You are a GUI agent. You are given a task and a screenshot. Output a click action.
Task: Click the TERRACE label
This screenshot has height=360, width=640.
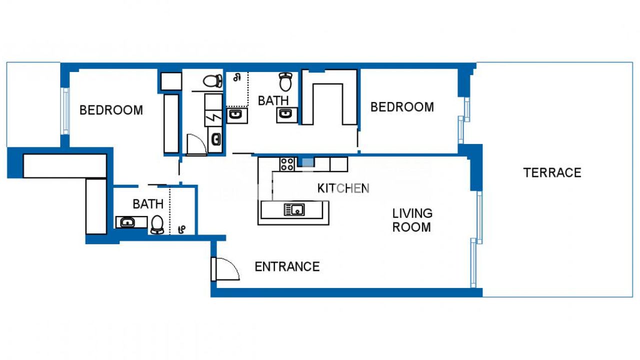tap(552, 173)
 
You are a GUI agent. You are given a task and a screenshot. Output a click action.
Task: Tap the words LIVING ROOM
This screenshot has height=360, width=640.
tap(412, 220)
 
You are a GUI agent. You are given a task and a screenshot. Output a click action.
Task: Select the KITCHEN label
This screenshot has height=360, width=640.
tap(343, 188)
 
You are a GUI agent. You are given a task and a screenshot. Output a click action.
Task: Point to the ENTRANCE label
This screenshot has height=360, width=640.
tap(287, 267)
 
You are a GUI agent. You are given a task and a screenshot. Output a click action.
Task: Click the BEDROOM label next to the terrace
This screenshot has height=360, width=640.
tap(402, 107)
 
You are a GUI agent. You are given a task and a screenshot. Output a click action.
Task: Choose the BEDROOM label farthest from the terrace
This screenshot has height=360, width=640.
tap(111, 110)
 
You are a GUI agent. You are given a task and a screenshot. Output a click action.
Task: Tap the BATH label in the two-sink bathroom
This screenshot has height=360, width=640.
tap(273, 101)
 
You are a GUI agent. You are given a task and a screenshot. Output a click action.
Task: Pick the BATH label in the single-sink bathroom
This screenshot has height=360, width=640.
tap(148, 204)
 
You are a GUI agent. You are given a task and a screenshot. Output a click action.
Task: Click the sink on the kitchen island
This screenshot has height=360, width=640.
tap(294, 209)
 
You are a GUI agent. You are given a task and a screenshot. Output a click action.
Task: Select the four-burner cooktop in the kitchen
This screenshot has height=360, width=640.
tap(287, 164)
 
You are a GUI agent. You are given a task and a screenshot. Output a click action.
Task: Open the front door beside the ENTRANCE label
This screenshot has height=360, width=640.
tap(225, 269)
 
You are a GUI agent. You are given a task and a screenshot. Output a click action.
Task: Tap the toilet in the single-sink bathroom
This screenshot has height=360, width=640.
tap(157, 224)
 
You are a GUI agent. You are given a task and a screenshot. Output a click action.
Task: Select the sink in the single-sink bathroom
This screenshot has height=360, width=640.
tap(127, 222)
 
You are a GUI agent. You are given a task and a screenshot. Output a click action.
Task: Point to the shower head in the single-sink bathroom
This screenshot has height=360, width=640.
tap(181, 229)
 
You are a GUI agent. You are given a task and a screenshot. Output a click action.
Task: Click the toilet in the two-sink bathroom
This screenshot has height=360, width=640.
tap(285, 81)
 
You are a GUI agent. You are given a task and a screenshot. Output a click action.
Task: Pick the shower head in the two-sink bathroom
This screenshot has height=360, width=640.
tap(237, 77)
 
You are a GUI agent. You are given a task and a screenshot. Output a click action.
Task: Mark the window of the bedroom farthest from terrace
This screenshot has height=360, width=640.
tap(65, 111)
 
